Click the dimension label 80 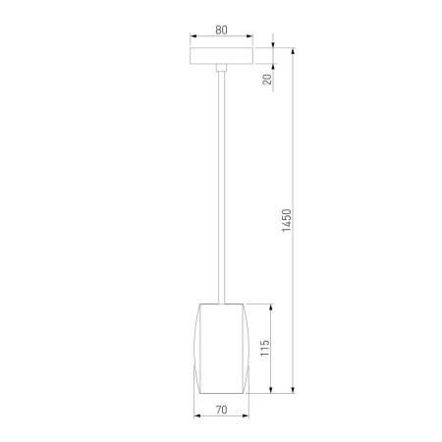click(x=221, y=29)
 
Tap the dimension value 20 click(x=267, y=80)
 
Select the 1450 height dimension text click(x=287, y=220)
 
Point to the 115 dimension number click(x=265, y=348)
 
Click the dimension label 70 click(x=221, y=410)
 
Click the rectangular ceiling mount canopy click(x=221, y=56)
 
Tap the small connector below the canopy click(x=221, y=68)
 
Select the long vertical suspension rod click(x=221, y=188)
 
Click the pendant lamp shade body click(x=221, y=349)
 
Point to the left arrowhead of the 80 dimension click(x=193, y=36)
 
